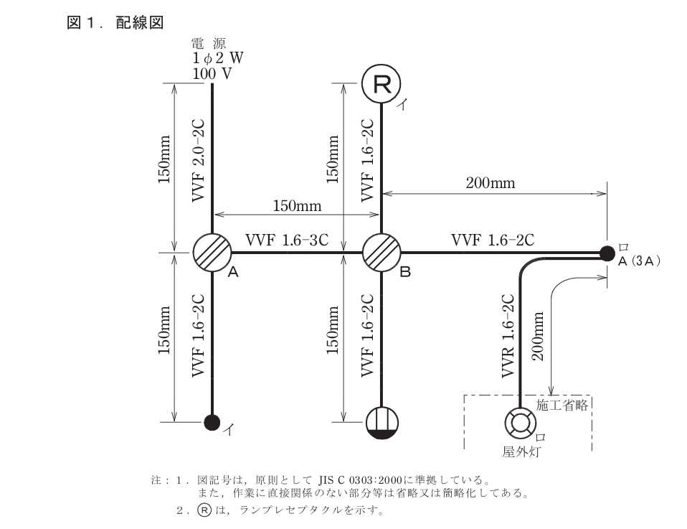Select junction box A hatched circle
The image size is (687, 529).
click(x=212, y=253)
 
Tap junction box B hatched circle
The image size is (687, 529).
click(x=381, y=253)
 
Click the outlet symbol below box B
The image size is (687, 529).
click(x=381, y=421)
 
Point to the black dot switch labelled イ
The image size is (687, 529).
click(x=212, y=422)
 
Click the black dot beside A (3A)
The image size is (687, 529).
click(x=607, y=253)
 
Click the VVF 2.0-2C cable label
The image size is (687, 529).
click(x=199, y=159)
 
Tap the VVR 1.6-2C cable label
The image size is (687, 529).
click(x=508, y=334)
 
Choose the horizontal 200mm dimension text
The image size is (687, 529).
click(x=491, y=183)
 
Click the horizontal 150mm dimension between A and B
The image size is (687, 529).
click(x=297, y=207)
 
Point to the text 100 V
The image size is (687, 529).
click(x=212, y=73)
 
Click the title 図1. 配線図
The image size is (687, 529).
click(x=115, y=24)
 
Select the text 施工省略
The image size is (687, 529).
click(x=562, y=405)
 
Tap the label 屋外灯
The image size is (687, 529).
click(x=521, y=451)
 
